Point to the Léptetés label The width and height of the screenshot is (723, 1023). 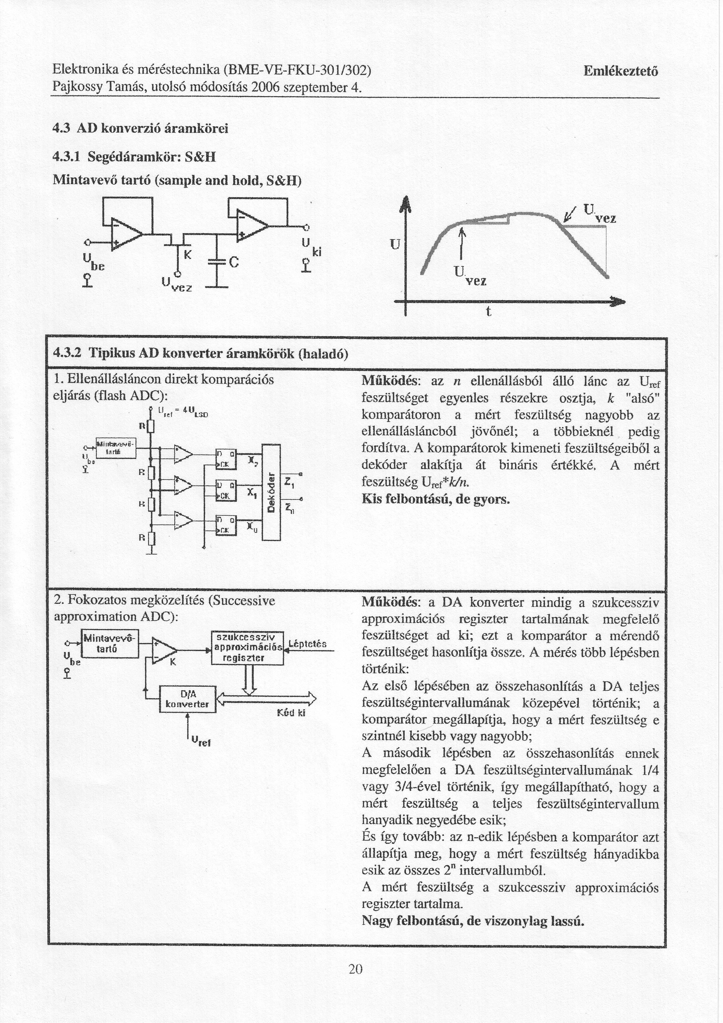(x=308, y=644)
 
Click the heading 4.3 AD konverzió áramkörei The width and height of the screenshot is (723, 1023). (x=140, y=129)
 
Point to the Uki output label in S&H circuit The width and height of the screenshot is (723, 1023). (x=310, y=248)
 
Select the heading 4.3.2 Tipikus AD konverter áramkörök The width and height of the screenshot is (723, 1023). (x=200, y=354)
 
